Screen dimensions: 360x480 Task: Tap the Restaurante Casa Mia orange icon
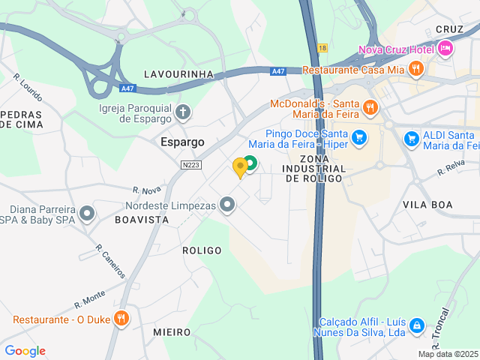(416, 70)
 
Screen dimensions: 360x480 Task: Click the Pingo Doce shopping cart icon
(359, 137)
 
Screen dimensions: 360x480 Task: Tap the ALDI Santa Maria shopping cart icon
(411, 139)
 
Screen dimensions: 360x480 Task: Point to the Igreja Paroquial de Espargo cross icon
(183, 112)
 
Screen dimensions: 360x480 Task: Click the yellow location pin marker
(240, 167)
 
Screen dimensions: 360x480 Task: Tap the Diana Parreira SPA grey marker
(88, 214)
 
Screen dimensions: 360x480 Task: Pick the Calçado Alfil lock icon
(418, 326)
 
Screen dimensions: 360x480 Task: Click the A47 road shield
(278, 71)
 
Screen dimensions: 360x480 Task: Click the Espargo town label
(183, 141)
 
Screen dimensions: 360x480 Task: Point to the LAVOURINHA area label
(178, 74)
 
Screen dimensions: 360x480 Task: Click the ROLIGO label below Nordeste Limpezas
(202, 250)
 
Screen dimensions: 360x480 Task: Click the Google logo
(25, 351)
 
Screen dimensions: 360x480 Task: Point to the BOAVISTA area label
(141, 220)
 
